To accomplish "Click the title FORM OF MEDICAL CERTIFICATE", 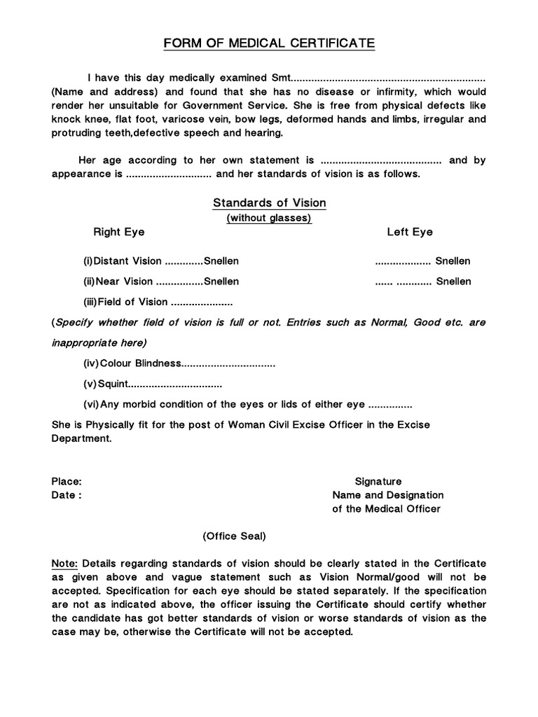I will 269,44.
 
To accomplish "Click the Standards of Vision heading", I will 269,203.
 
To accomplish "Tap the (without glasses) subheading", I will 269,218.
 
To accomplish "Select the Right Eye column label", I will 119,232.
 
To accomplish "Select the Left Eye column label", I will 410,232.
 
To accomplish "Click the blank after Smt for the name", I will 388,76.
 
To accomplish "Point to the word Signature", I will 378,482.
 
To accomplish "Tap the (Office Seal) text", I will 234,536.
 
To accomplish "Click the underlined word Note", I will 66,564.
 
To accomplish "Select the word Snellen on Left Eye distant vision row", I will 453,261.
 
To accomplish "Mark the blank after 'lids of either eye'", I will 390,405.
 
